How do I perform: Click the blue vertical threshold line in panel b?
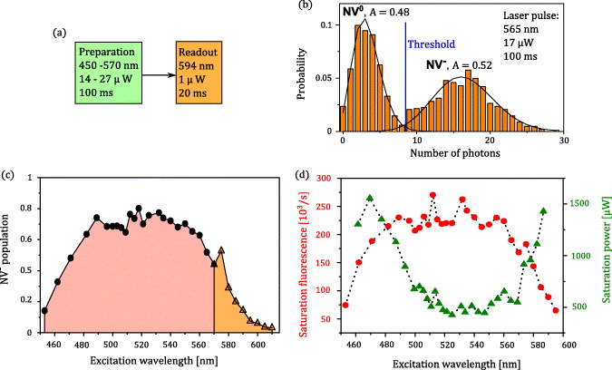[405, 82]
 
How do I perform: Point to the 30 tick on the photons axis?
[564, 141]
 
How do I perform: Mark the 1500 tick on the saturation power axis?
[568, 205]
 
